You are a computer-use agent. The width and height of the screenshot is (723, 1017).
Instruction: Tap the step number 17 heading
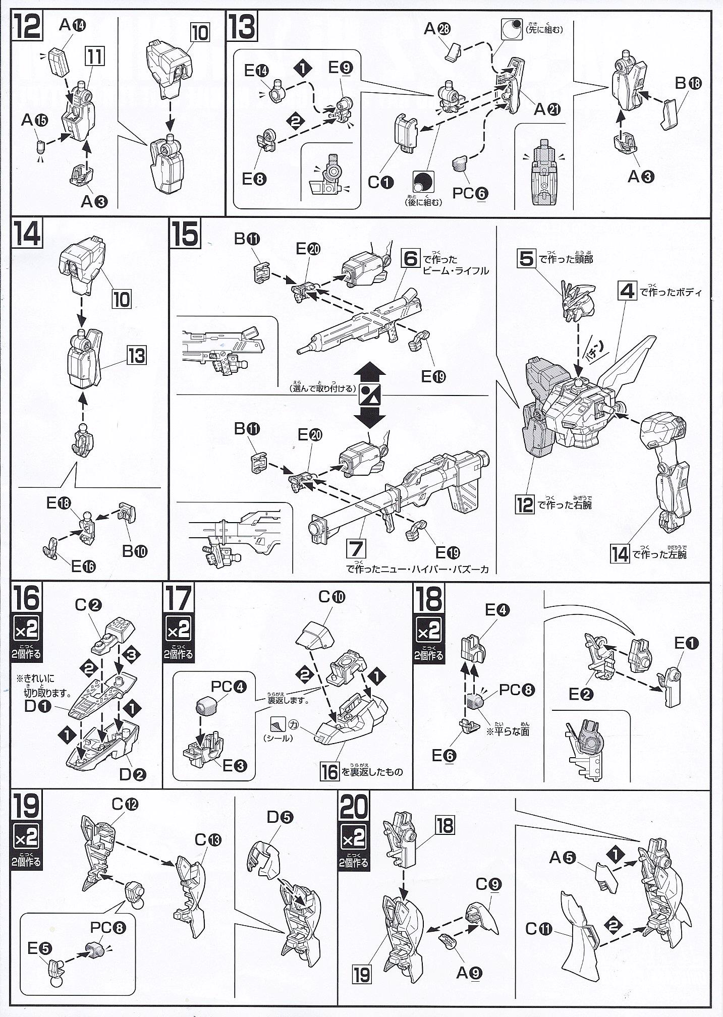coord(179,599)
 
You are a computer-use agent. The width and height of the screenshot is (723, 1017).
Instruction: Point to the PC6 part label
coord(470,193)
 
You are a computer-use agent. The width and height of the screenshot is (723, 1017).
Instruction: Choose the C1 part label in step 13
coord(379,183)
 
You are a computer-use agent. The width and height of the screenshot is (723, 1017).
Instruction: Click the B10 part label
coord(134,550)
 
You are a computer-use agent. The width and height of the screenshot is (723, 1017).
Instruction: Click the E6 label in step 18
coord(444,756)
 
